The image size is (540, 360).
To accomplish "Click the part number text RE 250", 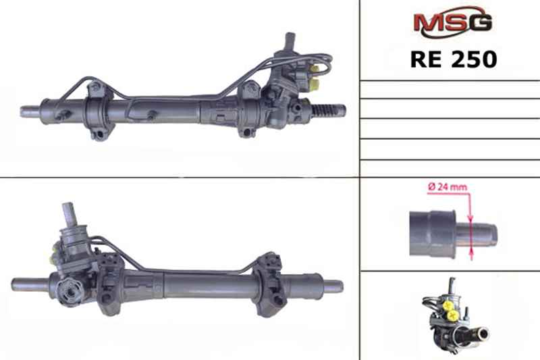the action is coord(454,59).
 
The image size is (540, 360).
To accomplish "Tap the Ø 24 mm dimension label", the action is coord(448,187).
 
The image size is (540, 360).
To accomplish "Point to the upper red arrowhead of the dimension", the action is coord(470,217).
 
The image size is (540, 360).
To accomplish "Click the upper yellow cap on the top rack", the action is coord(315,70).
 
